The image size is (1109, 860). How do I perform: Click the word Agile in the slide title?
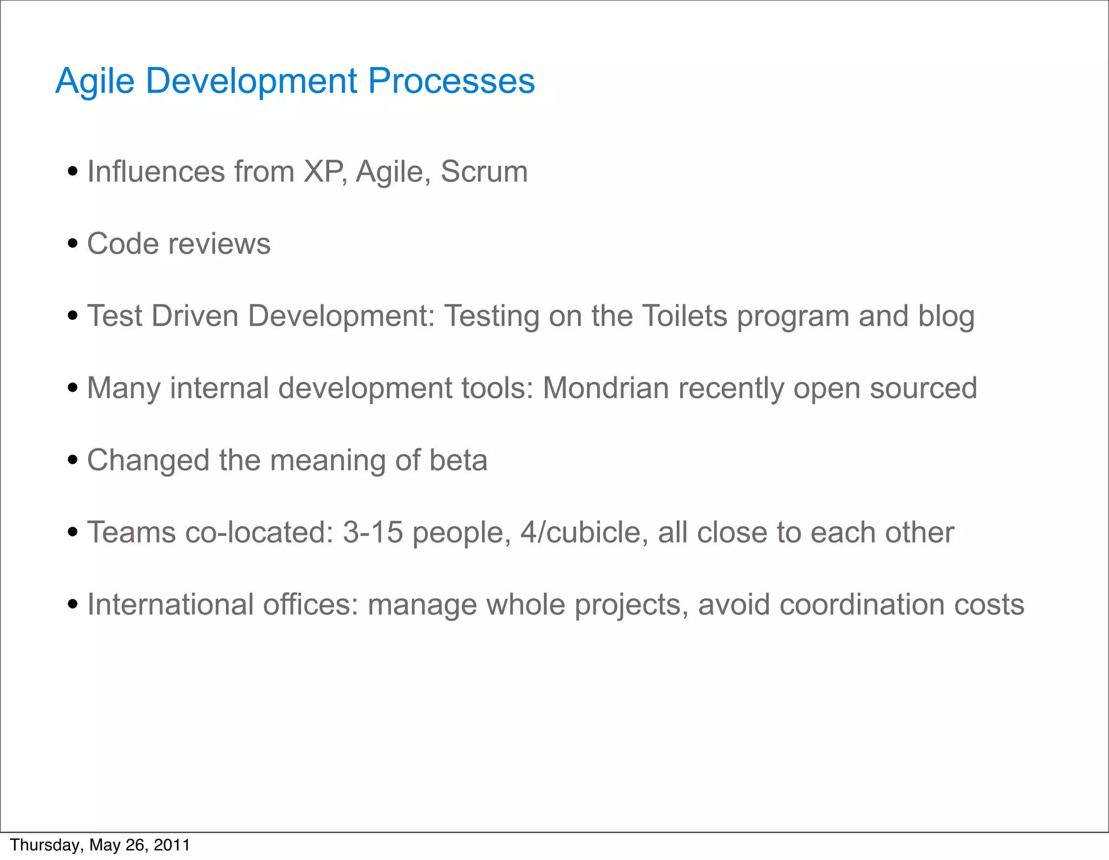[95, 81]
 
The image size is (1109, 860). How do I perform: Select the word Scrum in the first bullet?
[484, 172]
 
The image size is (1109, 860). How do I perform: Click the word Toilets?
[684, 316]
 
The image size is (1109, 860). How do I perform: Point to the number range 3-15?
[373, 532]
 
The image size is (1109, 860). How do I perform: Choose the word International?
[170, 604]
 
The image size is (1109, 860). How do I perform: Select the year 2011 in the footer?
[172, 845]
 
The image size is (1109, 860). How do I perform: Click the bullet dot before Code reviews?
[73, 244]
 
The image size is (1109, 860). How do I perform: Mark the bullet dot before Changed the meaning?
[73, 461]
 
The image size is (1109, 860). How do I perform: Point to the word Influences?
[156, 172]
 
